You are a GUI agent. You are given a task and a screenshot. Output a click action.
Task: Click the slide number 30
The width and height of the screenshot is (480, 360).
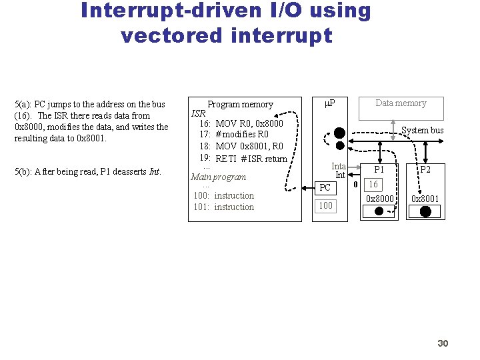coord(443,343)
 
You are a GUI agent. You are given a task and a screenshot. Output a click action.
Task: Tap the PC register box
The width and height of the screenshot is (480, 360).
coord(325,188)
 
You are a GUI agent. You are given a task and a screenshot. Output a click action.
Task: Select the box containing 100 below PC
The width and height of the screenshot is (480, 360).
coord(325,206)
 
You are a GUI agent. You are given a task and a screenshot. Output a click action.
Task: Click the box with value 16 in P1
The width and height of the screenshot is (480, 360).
coord(373,184)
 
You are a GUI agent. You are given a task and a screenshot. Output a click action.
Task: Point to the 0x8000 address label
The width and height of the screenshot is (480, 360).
coord(379,199)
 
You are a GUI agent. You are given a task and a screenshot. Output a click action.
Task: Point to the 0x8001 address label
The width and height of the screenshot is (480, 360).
coord(425,199)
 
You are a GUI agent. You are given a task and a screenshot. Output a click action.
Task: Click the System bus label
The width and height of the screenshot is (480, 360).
coord(422,130)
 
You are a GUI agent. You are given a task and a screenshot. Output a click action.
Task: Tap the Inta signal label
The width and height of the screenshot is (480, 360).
coord(339,166)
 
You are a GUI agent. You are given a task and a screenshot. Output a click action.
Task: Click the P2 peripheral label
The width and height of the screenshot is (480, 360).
coord(425,170)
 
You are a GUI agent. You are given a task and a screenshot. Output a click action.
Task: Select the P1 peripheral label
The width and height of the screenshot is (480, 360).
coord(379,170)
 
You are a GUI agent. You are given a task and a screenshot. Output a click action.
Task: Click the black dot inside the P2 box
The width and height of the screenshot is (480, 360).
coord(425,211)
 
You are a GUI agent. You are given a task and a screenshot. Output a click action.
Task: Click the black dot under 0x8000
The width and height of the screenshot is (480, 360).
coord(379,211)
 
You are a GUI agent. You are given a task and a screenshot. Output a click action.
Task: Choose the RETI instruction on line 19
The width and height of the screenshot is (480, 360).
coord(227,159)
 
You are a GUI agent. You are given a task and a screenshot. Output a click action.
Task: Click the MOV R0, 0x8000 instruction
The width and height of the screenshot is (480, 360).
coord(249,123)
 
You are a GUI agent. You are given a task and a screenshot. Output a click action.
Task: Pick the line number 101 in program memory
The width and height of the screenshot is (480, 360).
coord(201,207)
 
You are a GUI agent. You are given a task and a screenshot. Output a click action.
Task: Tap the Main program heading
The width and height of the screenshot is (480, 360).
coord(218,177)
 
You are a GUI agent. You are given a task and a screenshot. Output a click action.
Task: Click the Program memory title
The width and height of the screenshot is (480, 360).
coord(240,105)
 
